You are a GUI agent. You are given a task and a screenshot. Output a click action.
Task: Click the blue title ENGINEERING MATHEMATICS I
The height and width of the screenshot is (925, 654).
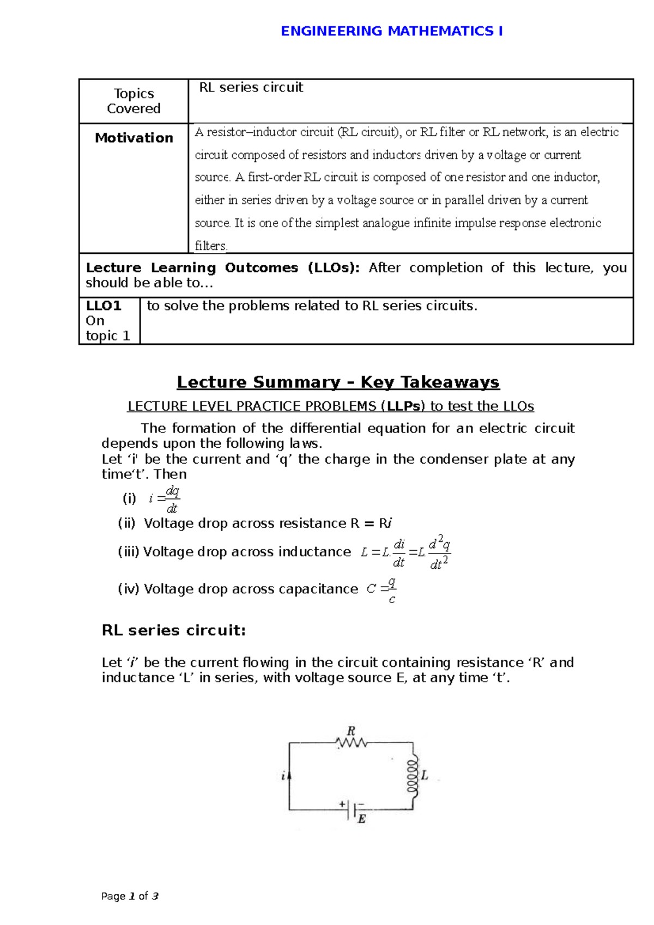coord(391,31)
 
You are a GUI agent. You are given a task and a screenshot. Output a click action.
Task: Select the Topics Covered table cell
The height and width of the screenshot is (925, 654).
coord(134,101)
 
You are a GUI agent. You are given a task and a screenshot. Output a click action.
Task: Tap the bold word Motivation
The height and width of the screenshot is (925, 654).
coord(134,138)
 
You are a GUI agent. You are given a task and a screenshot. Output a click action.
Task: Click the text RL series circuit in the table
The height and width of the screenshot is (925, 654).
coord(251,88)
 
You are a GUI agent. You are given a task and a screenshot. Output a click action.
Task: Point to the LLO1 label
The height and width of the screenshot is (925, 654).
coord(103,306)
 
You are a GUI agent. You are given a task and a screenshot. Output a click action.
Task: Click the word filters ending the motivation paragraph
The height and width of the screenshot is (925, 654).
coord(210,246)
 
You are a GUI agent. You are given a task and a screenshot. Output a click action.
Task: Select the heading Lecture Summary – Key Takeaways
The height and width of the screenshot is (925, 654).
coord(338,382)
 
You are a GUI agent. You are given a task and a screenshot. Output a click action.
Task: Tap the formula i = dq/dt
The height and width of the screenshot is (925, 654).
coord(164,499)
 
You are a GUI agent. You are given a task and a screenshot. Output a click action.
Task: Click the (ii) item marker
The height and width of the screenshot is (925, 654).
coord(126,524)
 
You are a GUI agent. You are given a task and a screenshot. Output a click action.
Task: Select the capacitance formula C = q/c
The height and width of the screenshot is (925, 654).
coord(381,590)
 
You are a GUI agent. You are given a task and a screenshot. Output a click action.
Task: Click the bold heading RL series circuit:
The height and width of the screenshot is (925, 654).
coord(173,630)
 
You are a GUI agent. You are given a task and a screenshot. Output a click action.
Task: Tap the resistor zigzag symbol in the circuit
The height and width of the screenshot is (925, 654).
coord(352,743)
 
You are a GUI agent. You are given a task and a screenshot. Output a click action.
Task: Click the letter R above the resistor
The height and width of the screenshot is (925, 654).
coord(351,731)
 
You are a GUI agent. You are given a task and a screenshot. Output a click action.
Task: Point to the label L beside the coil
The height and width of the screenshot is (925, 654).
coord(425,775)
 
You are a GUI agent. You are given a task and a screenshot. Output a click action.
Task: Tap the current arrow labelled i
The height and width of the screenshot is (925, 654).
coord(288,775)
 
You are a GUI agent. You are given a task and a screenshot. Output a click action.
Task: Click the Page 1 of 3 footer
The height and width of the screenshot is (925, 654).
coord(130,896)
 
